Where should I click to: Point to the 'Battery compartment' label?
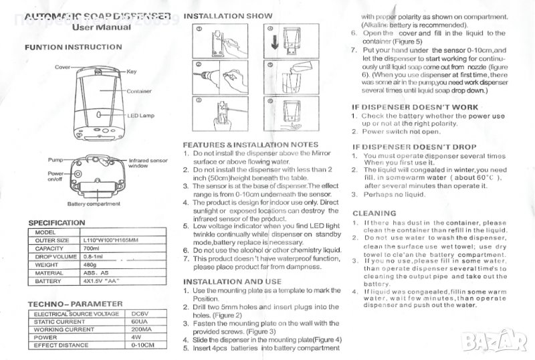94,203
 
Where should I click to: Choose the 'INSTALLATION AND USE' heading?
232,282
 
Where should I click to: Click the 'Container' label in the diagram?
140,90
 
